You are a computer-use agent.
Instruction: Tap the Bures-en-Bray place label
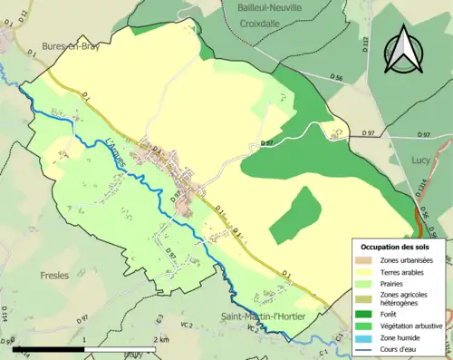(x=69, y=45)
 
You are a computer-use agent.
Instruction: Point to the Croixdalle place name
(x=269, y=27)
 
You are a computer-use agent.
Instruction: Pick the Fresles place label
(x=56, y=273)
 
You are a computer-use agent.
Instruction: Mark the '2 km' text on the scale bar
(x=160, y=339)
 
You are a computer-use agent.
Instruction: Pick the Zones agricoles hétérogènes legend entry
(x=406, y=297)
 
